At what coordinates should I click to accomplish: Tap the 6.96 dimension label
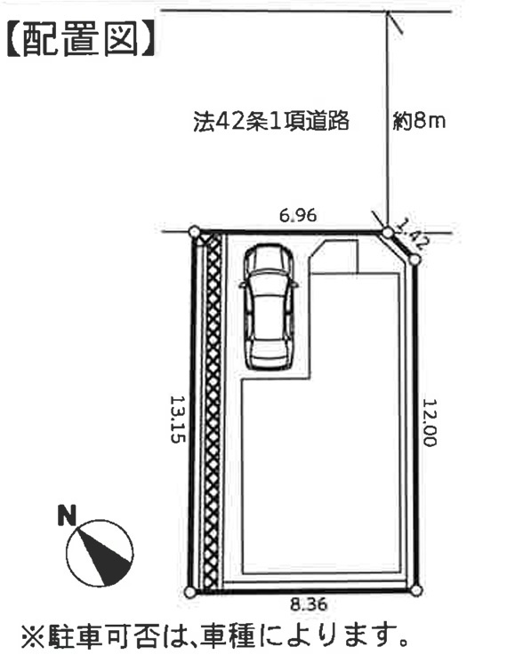pyautogui.click(x=298, y=216)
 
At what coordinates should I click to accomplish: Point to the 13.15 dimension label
pyautogui.click(x=177, y=419)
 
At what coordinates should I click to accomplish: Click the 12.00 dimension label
pyautogui.click(x=430, y=423)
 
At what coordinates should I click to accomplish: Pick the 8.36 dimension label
pyautogui.click(x=309, y=604)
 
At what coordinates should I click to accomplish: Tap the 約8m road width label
pyautogui.click(x=419, y=121)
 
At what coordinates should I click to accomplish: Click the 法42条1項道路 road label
pyautogui.click(x=271, y=121)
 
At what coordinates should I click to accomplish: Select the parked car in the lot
pyautogui.click(x=270, y=307)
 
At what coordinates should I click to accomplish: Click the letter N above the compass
pyautogui.click(x=67, y=515)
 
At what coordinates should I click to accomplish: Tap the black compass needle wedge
pyautogui.click(x=103, y=552)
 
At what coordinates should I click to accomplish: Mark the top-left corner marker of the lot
pyautogui.click(x=195, y=231)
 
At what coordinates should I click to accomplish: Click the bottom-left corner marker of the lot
pyautogui.click(x=189, y=592)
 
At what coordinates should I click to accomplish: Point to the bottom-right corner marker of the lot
pyautogui.click(x=416, y=591)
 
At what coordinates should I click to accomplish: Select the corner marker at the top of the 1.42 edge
pyautogui.click(x=388, y=232)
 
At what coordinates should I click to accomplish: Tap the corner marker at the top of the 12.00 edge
pyautogui.click(x=414, y=260)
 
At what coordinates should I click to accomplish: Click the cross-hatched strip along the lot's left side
pyautogui.click(x=213, y=411)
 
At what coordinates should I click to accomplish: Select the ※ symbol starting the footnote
pyautogui.click(x=33, y=635)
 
